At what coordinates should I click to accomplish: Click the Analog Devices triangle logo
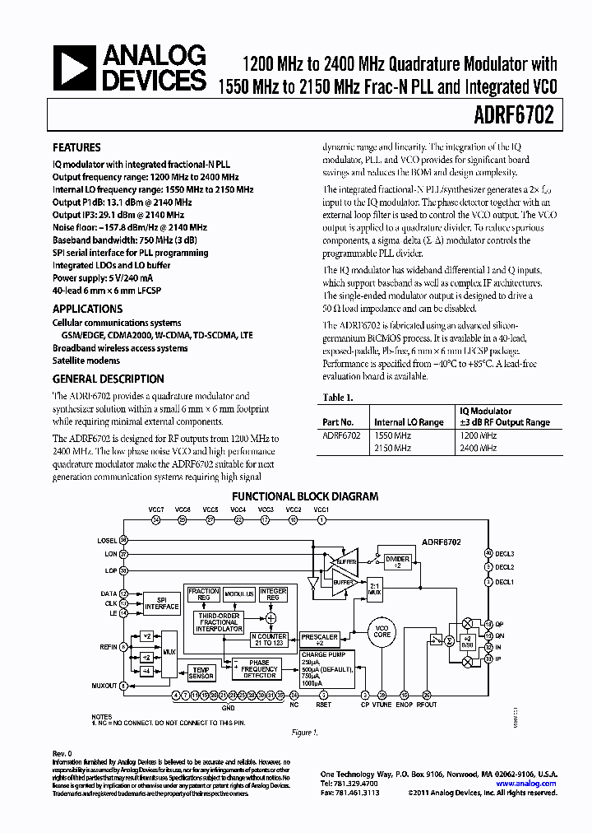tap(73, 68)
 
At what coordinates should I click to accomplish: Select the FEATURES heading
tap(76, 148)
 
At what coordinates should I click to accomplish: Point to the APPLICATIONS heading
tap(87, 309)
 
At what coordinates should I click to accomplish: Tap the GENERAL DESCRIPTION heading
tap(108, 379)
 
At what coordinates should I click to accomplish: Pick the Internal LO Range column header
tap(409, 421)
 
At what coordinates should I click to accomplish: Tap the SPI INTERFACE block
tap(161, 603)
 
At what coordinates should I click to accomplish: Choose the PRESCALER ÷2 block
tap(319, 640)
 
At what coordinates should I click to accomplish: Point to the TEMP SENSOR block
tap(201, 672)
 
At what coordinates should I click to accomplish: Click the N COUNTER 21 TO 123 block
tap(268, 640)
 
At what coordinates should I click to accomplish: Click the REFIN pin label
tap(107, 647)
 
